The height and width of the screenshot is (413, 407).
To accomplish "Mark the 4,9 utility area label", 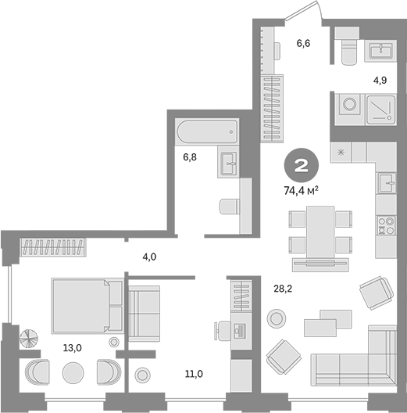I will coord(380,80).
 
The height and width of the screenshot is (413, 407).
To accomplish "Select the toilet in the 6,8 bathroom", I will coord(229,206).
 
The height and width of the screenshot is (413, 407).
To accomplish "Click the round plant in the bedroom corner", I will coord(28,337).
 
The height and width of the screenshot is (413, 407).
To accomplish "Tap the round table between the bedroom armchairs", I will coord(73,372).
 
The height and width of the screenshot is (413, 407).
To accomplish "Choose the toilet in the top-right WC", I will coord(348,51).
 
